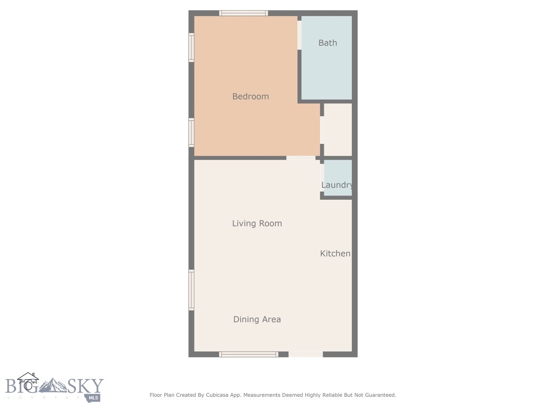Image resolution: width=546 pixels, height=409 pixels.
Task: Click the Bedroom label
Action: (250, 96)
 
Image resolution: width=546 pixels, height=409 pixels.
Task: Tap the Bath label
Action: (327, 43)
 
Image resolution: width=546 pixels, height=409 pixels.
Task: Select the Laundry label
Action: (337, 185)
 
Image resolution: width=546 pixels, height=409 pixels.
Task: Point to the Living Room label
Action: (256, 223)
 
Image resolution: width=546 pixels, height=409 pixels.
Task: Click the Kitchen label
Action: (335, 253)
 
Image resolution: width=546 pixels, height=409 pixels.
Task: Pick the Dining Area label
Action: (256, 320)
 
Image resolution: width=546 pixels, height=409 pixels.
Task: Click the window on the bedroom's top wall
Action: (244, 13)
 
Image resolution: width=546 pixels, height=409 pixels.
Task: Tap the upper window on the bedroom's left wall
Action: (191, 47)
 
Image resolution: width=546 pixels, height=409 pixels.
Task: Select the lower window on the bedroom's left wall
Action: (191, 132)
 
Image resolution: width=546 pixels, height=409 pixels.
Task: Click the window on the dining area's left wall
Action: (191, 290)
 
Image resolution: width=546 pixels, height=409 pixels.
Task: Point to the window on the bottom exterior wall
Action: (248, 354)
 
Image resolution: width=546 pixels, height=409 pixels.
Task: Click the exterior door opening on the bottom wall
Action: (306, 354)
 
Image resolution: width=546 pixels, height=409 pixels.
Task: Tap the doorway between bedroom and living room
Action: (301, 158)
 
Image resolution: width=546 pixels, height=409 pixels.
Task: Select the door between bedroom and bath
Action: (300, 35)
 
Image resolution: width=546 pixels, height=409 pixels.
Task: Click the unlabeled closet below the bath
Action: (338, 129)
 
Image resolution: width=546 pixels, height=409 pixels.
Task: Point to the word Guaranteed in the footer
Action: (378, 395)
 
